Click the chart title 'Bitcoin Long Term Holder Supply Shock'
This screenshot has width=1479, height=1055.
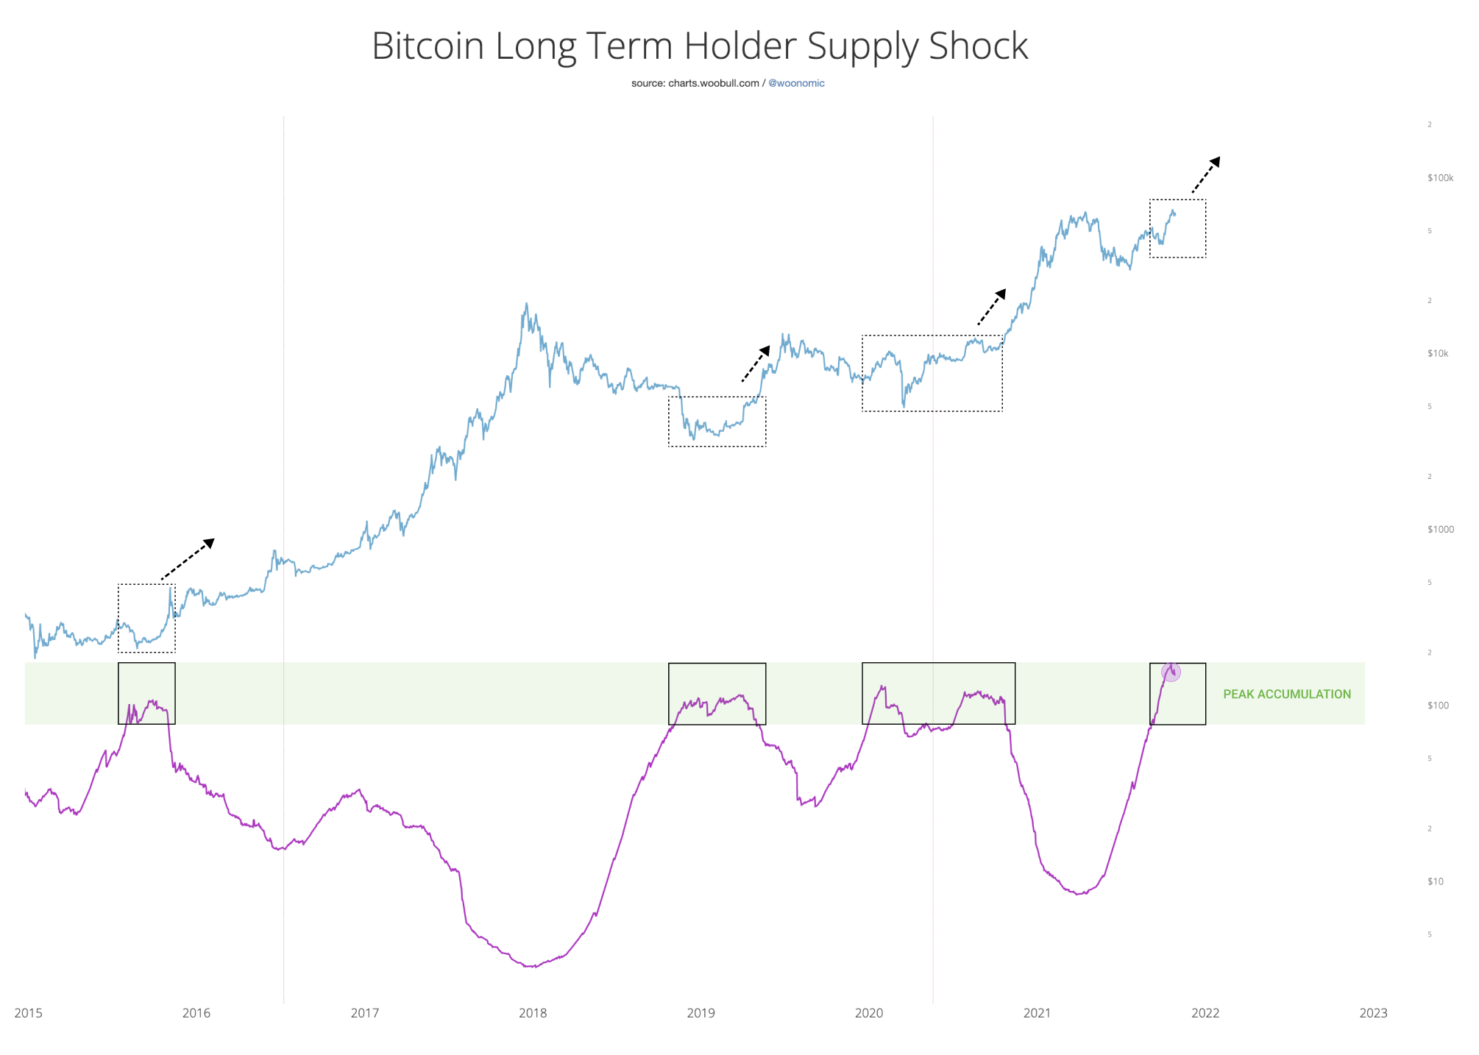(699, 46)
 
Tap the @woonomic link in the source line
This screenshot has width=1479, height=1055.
(796, 83)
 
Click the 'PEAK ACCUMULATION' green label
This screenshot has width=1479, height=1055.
(1286, 694)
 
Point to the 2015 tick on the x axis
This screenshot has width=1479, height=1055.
(29, 1013)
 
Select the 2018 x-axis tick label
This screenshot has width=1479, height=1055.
(533, 1013)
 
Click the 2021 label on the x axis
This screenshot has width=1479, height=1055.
(1037, 1013)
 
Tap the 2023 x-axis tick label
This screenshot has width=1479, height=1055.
(1373, 1013)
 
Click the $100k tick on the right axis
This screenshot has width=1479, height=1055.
(1440, 178)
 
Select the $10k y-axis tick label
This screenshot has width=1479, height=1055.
(1438, 353)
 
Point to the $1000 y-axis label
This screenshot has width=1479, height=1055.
(1440, 529)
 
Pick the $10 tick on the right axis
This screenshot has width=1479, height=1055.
(1435, 881)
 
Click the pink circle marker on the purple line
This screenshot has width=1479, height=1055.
(1171, 671)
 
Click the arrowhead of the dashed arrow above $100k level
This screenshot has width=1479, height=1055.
(1215, 161)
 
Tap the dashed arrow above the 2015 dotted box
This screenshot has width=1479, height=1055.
(188, 559)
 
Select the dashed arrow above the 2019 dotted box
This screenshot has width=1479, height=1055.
(756, 363)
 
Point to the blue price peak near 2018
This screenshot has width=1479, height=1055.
(526, 303)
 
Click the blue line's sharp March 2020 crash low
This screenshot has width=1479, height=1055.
(904, 406)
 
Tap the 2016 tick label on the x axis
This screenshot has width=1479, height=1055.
(196, 1013)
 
